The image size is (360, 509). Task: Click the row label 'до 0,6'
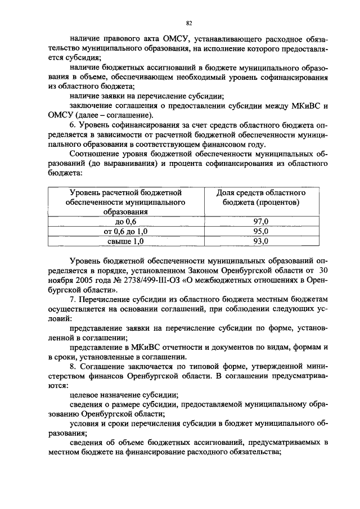(125, 222)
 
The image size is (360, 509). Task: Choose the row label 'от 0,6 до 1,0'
(125, 231)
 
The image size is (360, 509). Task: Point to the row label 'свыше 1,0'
(125, 241)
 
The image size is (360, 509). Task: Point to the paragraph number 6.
(72, 122)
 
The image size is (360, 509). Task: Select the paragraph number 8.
(72, 365)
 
